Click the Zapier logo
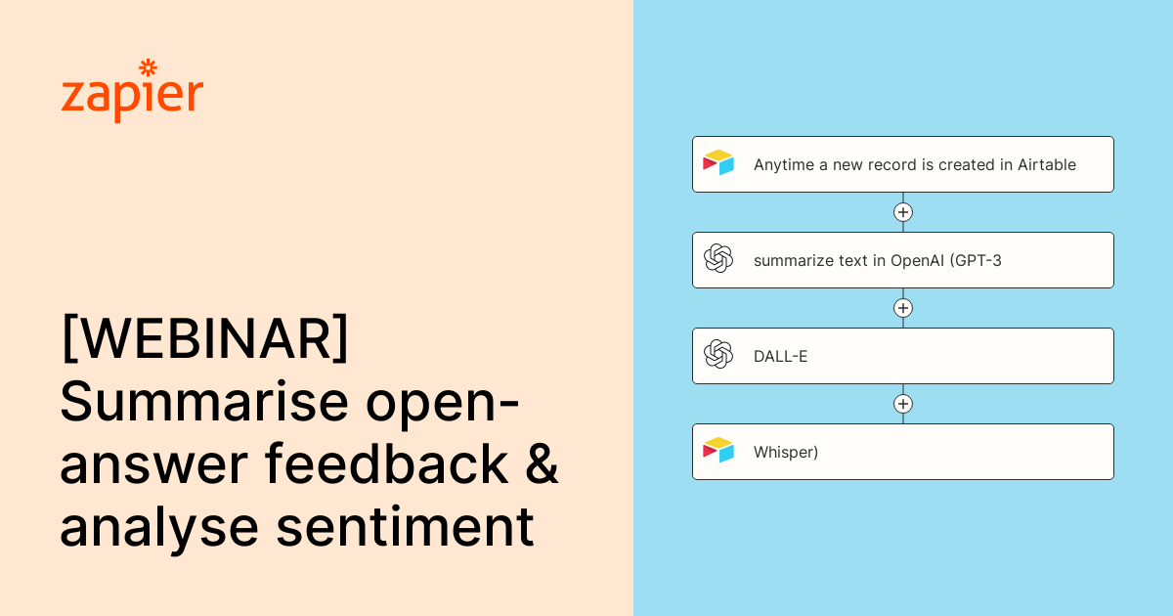(x=132, y=93)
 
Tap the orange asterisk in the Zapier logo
(x=148, y=67)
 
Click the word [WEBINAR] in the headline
(x=204, y=338)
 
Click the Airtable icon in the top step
(x=718, y=163)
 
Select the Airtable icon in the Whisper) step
(x=718, y=451)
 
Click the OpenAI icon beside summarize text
(x=718, y=259)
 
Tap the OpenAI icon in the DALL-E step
(x=718, y=355)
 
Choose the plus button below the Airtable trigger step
(x=903, y=212)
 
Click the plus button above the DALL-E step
(x=903, y=308)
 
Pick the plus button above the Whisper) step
(x=903, y=404)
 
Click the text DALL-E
(x=780, y=356)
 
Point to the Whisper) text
(x=786, y=452)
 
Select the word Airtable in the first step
(x=1047, y=164)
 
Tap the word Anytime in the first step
(x=784, y=164)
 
